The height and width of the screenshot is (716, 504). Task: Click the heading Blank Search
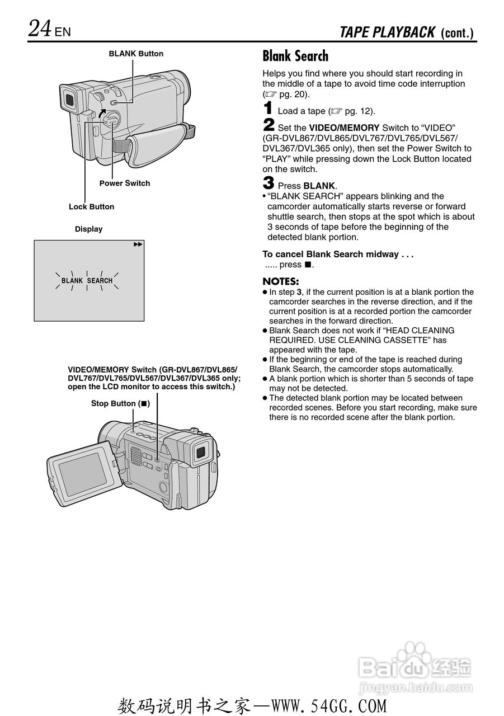click(295, 56)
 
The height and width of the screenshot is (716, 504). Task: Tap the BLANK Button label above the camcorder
click(136, 54)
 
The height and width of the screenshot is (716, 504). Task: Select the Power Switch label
click(125, 183)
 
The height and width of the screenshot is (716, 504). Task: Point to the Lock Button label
click(91, 206)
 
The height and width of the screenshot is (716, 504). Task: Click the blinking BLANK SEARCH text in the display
click(87, 280)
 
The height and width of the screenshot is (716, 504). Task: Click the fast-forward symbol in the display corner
click(138, 244)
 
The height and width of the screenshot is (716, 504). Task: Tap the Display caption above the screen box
click(89, 229)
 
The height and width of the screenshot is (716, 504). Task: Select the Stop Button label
click(120, 403)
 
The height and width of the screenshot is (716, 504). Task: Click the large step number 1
click(269, 109)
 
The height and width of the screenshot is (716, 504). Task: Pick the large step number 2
click(269, 125)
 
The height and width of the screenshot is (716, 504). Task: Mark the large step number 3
click(269, 183)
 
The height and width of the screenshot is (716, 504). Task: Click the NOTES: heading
click(281, 281)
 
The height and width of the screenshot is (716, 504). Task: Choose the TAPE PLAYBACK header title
click(387, 32)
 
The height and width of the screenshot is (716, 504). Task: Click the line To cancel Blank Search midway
click(338, 254)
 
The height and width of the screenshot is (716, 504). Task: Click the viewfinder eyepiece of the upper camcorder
click(68, 100)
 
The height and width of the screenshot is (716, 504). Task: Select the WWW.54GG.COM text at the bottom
click(329, 706)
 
